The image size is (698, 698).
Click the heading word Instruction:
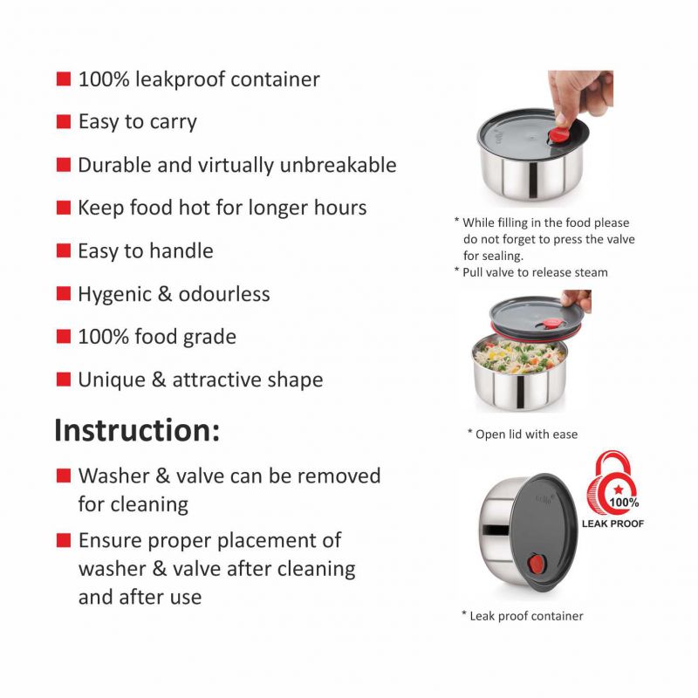[137, 430]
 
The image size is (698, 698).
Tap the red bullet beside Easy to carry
[64, 121]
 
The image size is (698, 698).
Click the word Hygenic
[114, 295]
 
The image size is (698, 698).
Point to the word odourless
[224, 294]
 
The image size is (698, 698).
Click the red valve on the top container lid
[558, 134]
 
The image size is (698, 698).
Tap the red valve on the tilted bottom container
[536, 564]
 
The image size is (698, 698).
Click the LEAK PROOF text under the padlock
[612, 523]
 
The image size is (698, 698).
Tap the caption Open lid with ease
[522, 434]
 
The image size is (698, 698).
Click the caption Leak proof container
[522, 616]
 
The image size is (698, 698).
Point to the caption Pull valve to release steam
[530, 272]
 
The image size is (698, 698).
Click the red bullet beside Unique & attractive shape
[64, 380]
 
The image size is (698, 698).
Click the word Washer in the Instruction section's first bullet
[114, 476]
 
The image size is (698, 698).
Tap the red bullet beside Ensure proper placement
[64, 540]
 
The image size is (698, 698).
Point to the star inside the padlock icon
[619, 489]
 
